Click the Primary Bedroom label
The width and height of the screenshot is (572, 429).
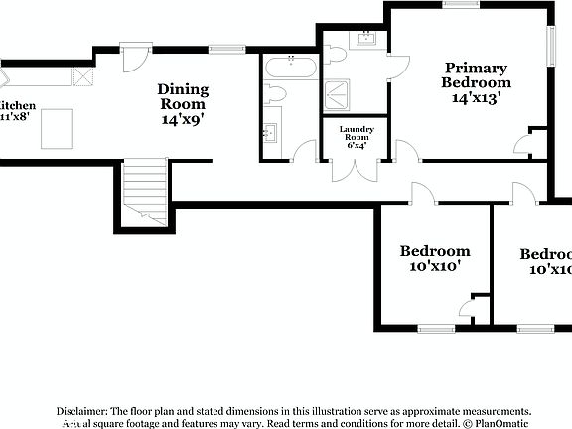(475, 75)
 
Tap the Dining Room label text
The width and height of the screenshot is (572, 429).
(183, 96)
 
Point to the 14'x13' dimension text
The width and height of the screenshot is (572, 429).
(475, 98)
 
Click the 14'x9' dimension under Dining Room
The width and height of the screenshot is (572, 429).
(183, 119)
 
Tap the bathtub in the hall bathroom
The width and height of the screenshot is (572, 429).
(291, 70)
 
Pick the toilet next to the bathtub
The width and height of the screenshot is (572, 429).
(276, 95)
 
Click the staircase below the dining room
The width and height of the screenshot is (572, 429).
(145, 191)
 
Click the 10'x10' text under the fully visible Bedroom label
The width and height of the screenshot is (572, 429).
(434, 267)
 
